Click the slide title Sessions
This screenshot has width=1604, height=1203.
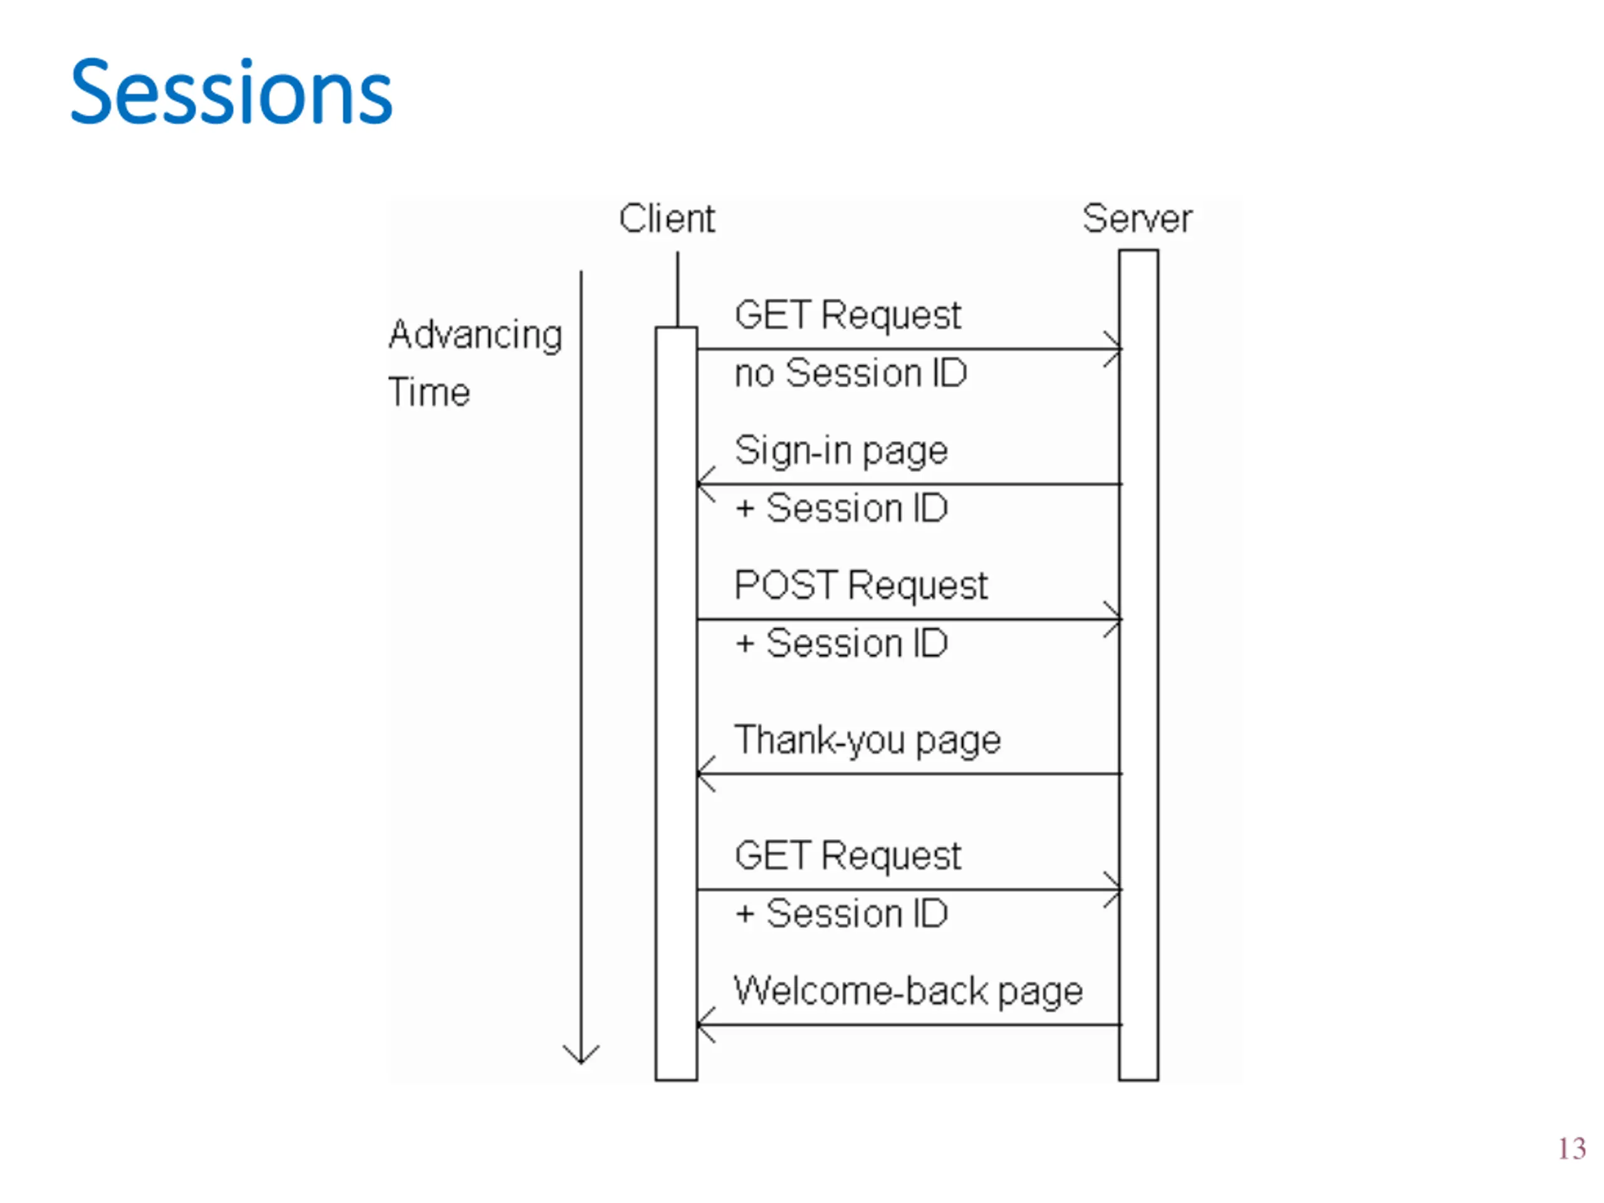[231, 92]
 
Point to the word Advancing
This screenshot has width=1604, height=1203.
[476, 336]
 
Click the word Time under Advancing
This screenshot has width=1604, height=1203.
[429, 392]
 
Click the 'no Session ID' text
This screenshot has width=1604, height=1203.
[851, 373]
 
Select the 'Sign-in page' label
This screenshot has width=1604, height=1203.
[841, 452]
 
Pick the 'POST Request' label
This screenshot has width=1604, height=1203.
[861, 586]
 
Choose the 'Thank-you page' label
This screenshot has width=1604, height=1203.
[867, 741]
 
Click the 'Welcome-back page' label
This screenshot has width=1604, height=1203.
[908, 992]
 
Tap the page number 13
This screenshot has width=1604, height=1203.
[1572, 1148]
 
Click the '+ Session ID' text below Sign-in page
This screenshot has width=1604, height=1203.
[841, 508]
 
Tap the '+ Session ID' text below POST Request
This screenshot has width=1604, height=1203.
[841, 644]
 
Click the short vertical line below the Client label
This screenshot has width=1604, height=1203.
[678, 289]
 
